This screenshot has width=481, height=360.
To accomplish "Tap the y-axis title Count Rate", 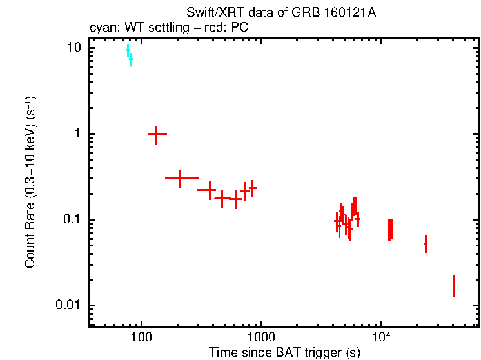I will pos(30,183).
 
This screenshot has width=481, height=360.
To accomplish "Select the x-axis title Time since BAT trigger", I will pos(284,352).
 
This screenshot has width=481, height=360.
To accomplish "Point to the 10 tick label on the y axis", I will pos(72,48).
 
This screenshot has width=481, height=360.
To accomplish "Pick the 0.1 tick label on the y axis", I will pos(72,220).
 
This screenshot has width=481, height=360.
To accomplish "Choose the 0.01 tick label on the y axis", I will pos(69,306).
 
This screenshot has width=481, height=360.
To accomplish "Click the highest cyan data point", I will pos(128,50).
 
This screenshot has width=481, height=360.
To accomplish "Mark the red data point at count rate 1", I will pos(157,134).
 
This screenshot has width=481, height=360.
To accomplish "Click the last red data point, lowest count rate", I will pos(453,285).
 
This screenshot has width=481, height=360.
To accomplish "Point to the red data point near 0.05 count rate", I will pos(426,243).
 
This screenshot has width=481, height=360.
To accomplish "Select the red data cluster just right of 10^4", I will pos(390,229).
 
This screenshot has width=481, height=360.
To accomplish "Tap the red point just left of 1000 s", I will pos(253,188).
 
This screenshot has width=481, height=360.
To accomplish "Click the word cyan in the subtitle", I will pos(99,28).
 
